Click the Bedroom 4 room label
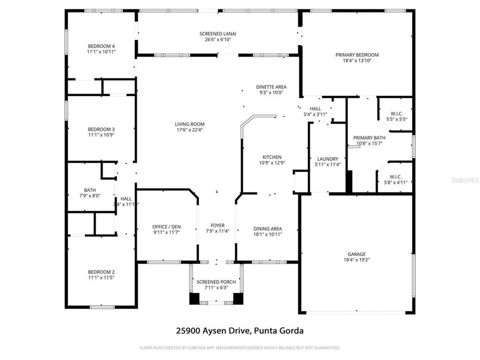coord(101,46)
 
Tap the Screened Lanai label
coord(217,34)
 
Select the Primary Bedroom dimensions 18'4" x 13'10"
coord(357,60)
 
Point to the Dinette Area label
coord(271,86)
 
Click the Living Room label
coord(189,124)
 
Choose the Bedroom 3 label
coord(101,129)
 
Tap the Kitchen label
coord(272,157)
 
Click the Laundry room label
coord(327,159)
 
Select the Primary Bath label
coord(369,138)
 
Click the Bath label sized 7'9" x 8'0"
coord(90,190)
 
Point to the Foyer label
coord(217,225)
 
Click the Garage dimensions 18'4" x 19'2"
coord(357,259)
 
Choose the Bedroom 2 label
coord(101,272)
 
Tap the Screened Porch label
coord(215,282)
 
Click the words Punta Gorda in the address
coord(279,330)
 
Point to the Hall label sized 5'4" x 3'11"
coord(315,108)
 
